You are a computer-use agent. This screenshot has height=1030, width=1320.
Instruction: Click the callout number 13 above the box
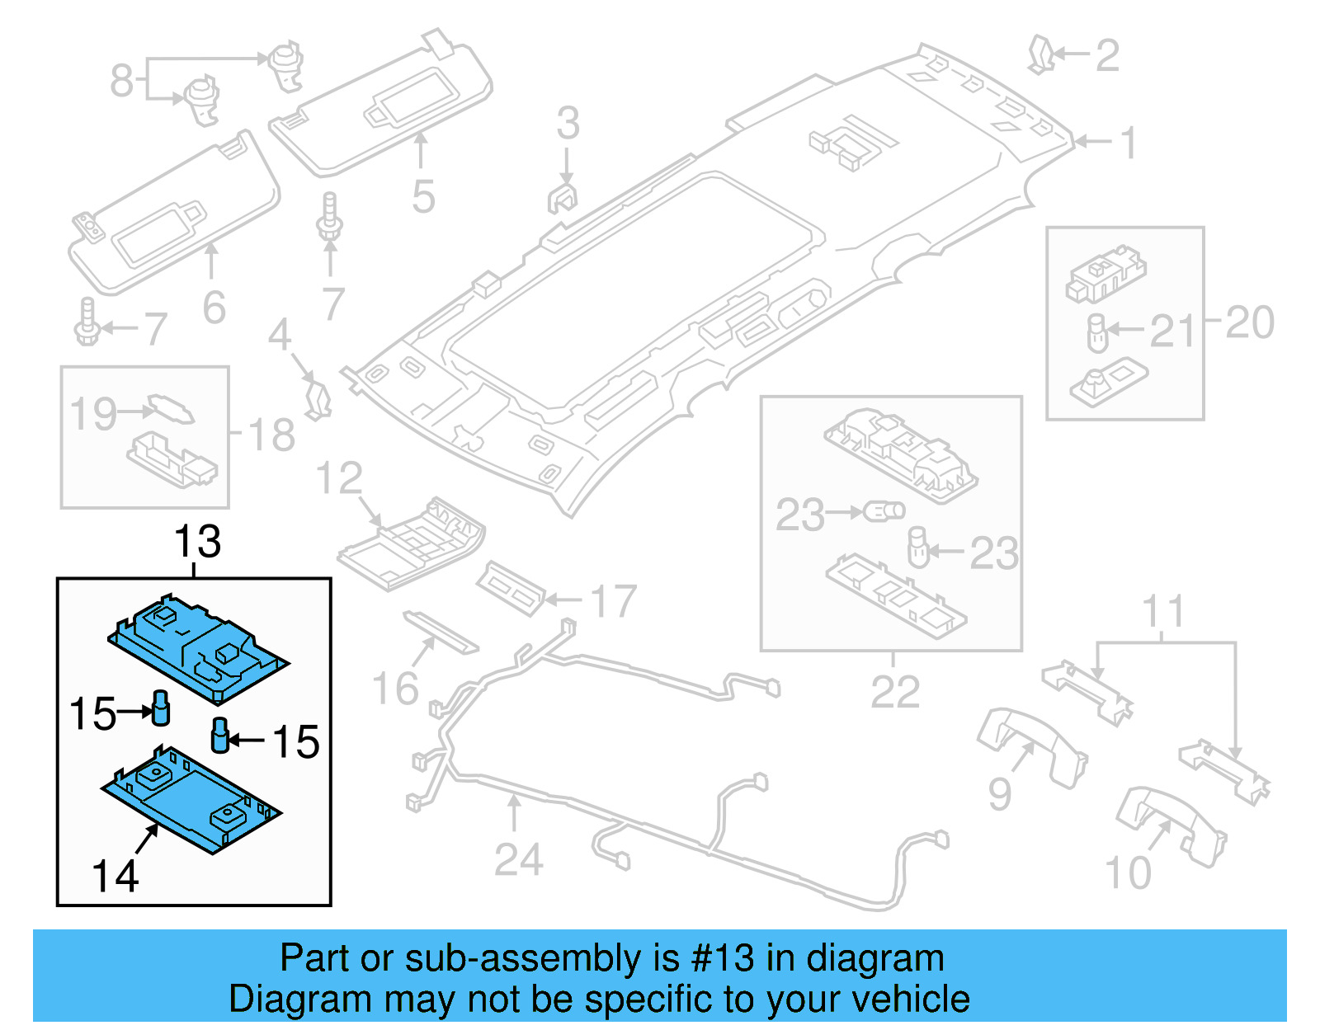coord(197,543)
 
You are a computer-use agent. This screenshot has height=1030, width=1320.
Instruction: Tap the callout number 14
coord(115,876)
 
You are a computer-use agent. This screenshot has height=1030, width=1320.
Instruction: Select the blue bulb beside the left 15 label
coord(161,708)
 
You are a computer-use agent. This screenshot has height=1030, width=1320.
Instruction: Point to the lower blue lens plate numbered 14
coord(191,800)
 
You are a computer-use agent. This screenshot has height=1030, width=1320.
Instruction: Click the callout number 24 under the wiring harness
coord(518,860)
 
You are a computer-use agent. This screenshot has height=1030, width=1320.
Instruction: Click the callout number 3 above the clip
coord(567,124)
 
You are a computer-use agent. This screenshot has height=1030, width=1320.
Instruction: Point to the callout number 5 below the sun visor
coord(422,197)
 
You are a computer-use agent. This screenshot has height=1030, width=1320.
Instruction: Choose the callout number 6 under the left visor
coord(214,308)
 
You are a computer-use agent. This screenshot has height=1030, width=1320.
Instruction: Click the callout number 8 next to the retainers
coord(121,81)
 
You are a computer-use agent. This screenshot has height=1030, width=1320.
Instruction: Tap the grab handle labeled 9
coord(1031,746)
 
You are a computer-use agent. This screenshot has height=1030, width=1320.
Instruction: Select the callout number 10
coord(1127,873)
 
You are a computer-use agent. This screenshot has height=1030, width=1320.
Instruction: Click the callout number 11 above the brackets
coord(1162,612)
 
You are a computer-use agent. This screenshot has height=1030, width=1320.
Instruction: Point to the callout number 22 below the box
coord(894,693)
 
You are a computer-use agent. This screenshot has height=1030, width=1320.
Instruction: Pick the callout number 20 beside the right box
coord(1249,322)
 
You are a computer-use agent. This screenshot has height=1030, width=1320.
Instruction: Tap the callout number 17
coord(613,601)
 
